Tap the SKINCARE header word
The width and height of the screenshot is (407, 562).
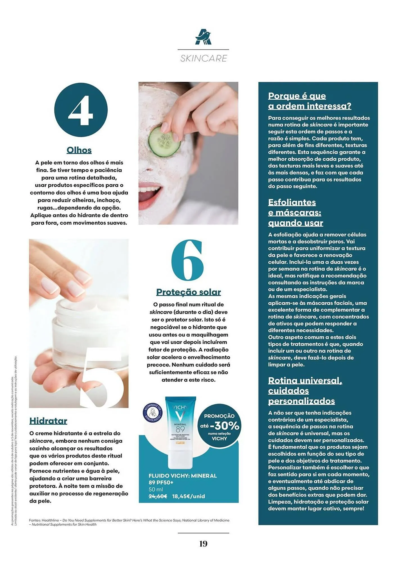pos(203,58)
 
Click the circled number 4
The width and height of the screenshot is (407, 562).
pos(81,110)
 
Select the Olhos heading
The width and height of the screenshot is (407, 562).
pos(79,150)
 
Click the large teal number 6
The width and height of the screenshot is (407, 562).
pos(187,260)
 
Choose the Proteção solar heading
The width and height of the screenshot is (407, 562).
pos(188,292)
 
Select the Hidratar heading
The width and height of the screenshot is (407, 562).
pos(48,421)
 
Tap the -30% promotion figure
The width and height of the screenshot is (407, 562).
pos(224,426)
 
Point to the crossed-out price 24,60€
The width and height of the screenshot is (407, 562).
pos(158,497)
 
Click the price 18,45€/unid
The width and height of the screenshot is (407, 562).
pos(188,497)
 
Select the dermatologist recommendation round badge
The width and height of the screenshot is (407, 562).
pos(153,413)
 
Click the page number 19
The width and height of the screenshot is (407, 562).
pos(203,544)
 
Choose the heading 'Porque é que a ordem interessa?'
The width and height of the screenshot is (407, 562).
pos(309,101)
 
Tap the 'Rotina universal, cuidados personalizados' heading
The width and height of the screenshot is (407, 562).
pos(305,391)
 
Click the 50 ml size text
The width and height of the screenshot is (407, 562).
pos(156,490)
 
